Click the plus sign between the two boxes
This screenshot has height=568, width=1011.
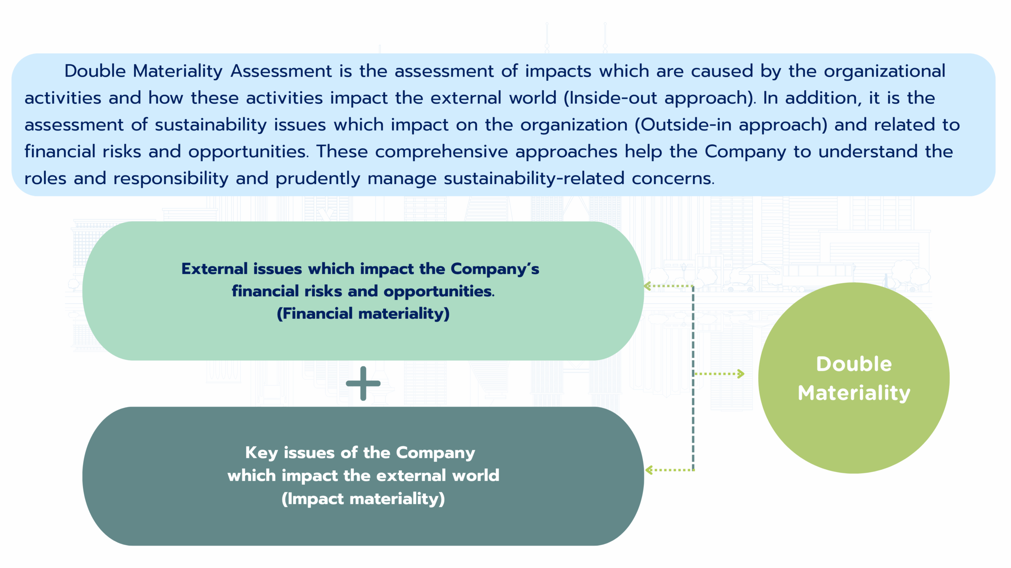(x=363, y=383)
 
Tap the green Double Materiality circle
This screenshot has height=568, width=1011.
(x=854, y=378)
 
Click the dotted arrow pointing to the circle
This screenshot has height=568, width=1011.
(x=719, y=374)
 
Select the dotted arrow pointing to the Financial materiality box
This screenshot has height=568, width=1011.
(x=668, y=286)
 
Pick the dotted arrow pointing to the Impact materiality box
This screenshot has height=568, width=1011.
(x=669, y=470)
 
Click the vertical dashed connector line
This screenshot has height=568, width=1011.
(x=693, y=378)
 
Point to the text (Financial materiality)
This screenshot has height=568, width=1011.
(x=363, y=314)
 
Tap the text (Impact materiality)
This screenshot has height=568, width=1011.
(x=363, y=499)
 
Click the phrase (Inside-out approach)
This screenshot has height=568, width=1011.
(x=659, y=98)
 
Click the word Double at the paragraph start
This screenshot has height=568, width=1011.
(x=95, y=71)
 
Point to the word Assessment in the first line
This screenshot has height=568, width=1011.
(x=281, y=71)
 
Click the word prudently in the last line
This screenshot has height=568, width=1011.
(x=318, y=179)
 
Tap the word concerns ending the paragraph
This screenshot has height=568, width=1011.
(x=673, y=179)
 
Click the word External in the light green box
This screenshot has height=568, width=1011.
(x=214, y=269)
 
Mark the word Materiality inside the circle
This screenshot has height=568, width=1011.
(x=854, y=393)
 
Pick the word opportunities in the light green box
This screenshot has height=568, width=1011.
(x=439, y=292)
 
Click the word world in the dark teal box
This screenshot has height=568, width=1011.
(x=476, y=476)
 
